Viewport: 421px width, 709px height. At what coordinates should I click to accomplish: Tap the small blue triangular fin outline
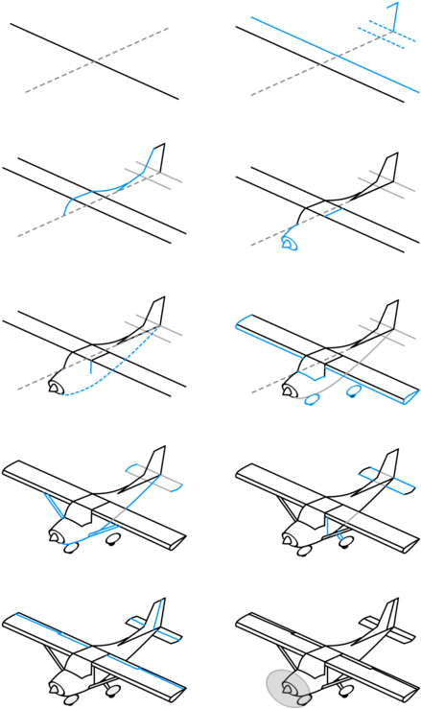391,16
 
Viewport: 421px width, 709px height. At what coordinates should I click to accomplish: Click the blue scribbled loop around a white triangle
288,243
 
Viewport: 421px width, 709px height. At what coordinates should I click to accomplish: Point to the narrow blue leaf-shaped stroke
53,505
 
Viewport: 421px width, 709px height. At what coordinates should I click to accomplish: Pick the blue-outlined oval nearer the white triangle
312,398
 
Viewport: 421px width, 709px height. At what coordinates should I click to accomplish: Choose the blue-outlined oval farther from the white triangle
353,390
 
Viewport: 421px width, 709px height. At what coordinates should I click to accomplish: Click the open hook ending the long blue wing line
410,396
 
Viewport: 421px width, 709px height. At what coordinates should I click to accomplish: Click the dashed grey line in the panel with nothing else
96,60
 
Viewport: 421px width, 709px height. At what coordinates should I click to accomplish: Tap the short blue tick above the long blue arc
91,366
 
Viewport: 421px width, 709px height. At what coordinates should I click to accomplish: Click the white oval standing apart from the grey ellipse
346,690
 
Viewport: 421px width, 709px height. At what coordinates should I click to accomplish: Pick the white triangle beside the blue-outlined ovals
287,391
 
